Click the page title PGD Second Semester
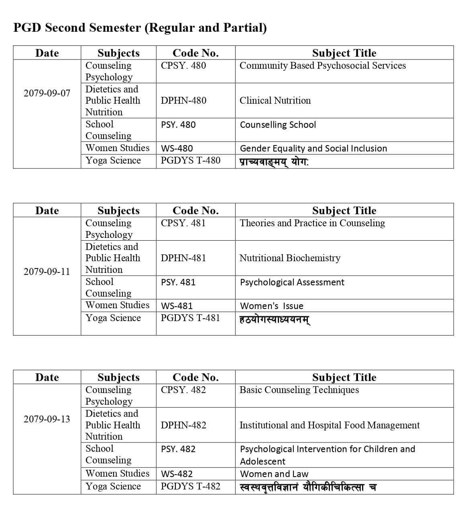(140, 28)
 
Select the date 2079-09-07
(47, 93)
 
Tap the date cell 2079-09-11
(47, 272)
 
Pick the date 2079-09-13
(47, 419)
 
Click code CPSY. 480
(183, 66)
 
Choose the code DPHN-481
(183, 258)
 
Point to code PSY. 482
(178, 449)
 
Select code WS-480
(177, 148)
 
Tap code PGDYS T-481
(190, 318)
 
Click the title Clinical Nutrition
(275, 100)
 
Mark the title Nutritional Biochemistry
(290, 258)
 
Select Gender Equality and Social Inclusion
(313, 148)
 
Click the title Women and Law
(274, 474)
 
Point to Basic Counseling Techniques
(299, 390)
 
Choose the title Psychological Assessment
(292, 282)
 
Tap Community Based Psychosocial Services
(322, 66)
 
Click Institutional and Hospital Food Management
(329, 425)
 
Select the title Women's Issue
(271, 306)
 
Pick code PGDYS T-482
(190, 486)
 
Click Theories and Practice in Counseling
(312, 223)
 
